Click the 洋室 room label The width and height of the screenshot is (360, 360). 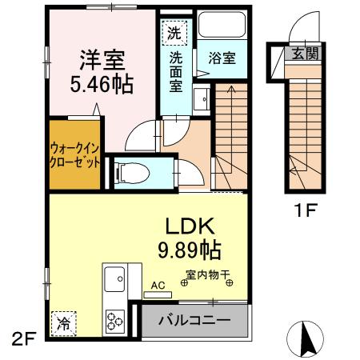coord(100,60)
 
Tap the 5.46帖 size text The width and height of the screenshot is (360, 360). coord(100,83)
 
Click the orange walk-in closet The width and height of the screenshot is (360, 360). coord(75,154)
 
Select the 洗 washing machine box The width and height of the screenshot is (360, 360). coord(174,34)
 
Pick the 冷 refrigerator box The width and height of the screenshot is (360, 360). coord(62,322)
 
